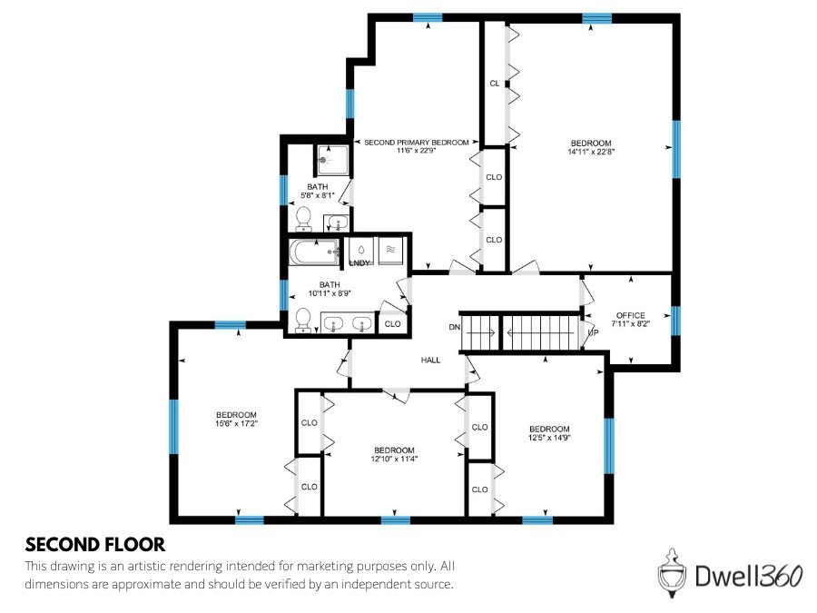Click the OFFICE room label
click(630, 315)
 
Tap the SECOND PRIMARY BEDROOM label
click(417, 143)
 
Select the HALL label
click(430, 361)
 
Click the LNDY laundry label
click(359, 263)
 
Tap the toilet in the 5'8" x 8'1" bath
click(304, 218)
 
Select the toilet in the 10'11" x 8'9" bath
click(303, 321)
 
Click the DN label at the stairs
click(454, 326)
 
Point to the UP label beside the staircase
click(593, 332)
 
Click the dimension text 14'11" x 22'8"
click(590, 153)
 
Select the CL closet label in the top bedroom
click(494, 83)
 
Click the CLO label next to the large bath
click(392, 323)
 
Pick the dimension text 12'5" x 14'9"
click(549, 439)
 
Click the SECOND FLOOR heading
click(94, 545)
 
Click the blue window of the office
click(674, 321)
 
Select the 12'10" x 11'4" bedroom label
click(394, 450)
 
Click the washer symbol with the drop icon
click(362, 248)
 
